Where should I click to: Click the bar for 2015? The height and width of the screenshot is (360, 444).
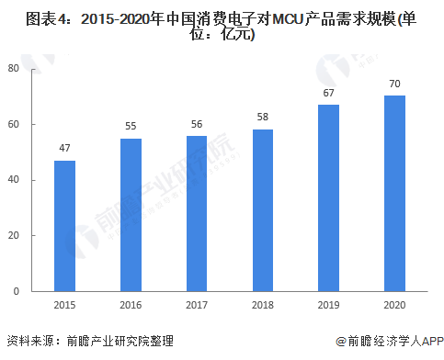coord(64,226)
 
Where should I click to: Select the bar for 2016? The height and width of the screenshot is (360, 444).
coord(131,215)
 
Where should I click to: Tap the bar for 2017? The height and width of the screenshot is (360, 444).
coord(197,214)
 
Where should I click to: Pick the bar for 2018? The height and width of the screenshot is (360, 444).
coord(263,210)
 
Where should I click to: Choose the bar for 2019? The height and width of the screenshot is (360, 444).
coord(328,198)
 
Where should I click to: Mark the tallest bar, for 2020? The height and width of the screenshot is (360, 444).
coord(394,194)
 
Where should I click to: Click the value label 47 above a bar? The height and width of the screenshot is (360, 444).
coord(64,148)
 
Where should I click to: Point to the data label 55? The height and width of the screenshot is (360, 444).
coord(131,126)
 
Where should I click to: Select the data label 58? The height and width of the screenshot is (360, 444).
coord(263,117)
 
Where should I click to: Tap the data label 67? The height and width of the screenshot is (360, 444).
coord(328,93)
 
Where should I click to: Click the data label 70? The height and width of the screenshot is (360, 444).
coord(394,84)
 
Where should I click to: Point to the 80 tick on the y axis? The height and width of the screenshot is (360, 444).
coord(14,68)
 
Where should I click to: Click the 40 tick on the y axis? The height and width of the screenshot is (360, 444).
coord(14,179)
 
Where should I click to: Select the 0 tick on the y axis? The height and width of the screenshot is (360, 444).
coord(17,291)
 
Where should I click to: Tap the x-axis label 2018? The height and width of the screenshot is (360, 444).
coord(263,305)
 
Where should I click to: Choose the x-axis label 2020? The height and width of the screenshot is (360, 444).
coord(394,305)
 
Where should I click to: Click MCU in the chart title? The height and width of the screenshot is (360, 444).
coord(288,19)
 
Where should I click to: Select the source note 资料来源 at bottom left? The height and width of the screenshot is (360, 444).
coord(30,341)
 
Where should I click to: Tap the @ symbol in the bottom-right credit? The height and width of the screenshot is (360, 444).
coord(341,341)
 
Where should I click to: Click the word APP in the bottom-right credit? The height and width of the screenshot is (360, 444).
coord(432,341)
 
